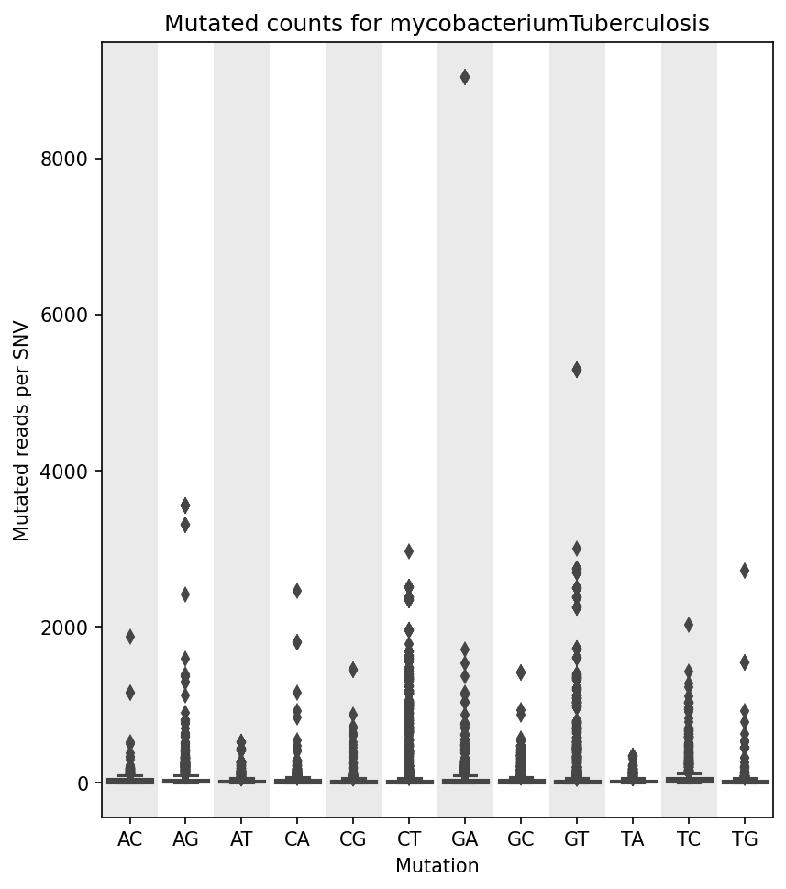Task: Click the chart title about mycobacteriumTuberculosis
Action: click(x=437, y=24)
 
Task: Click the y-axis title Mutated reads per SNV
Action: click(x=22, y=431)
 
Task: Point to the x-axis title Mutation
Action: click(x=437, y=866)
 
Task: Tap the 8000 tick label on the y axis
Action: click(x=69, y=159)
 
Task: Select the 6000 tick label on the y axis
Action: click(x=69, y=315)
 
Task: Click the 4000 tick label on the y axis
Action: click(x=69, y=472)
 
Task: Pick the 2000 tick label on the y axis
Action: click(x=69, y=628)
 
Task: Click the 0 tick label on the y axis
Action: click(x=83, y=783)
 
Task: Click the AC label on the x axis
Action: click(x=130, y=839)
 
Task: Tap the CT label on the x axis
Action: click(x=409, y=839)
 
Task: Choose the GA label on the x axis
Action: click(x=465, y=839)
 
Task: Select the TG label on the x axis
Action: click(x=744, y=839)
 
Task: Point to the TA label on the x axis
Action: click(x=632, y=839)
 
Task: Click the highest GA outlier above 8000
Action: click(x=465, y=77)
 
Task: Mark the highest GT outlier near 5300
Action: click(x=576, y=370)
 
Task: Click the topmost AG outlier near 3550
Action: click(x=185, y=506)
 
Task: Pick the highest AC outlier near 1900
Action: click(x=130, y=637)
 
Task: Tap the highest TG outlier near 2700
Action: click(x=744, y=571)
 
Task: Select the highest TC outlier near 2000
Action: click(x=688, y=625)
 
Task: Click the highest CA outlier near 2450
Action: click(x=297, y=591)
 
